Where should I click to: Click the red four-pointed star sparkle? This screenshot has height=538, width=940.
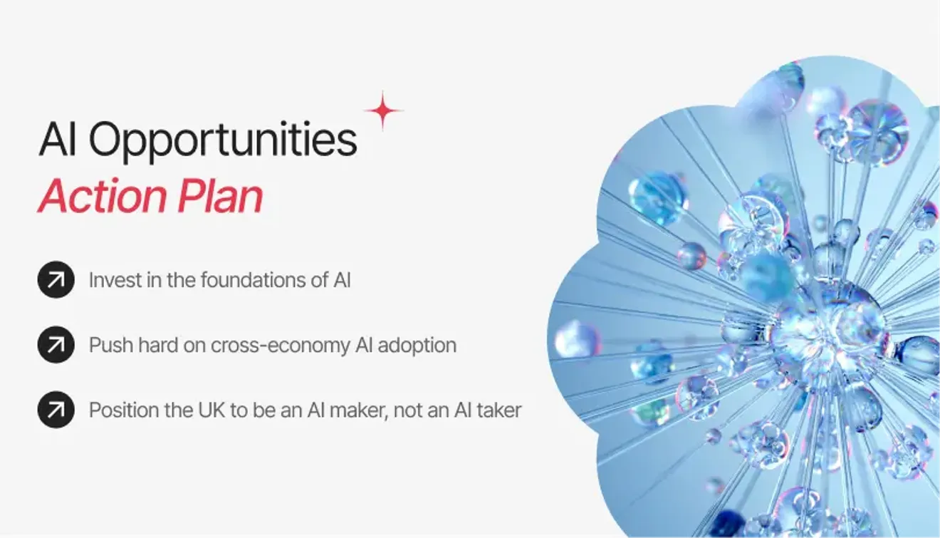[383, 110]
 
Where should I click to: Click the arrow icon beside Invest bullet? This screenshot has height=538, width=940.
[56, 280]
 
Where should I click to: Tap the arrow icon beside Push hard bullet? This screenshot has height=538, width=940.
[56, 345]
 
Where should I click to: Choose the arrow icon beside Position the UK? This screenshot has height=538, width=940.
[56, 410]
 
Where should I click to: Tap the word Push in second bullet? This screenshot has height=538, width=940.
[106, 346]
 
